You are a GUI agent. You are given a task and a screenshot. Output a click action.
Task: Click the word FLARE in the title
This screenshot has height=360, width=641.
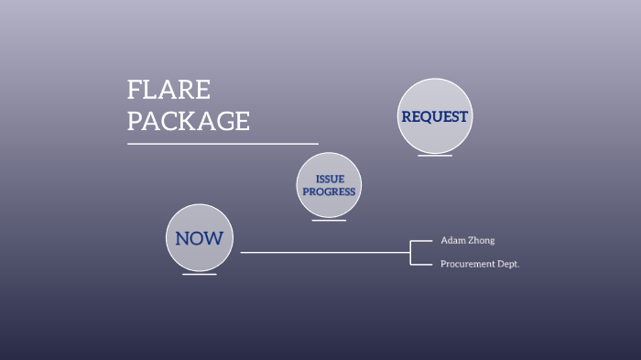(x=169, y=90)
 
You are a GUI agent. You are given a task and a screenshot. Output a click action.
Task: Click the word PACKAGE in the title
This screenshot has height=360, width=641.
(x=189, y=121)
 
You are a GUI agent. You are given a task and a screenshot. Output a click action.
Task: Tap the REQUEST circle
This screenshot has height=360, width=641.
(x=435, y=116)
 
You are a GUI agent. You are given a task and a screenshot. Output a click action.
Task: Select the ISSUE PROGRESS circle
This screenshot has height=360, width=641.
(x=329, y=185)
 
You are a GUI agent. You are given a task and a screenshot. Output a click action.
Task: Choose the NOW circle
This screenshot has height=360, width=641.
(x=200, y=238)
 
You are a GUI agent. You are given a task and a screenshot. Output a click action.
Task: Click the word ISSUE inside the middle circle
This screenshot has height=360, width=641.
(x=329, y=180)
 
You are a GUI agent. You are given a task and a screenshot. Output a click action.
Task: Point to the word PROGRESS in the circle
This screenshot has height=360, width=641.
(x=329, y=192)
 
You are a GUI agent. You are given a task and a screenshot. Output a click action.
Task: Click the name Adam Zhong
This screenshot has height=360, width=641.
(x=467, y=240)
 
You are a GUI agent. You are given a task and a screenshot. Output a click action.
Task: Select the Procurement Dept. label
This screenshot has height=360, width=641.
(x=480, y=264)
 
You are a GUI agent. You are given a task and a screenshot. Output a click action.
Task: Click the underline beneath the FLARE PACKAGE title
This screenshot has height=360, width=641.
(x=223, y=144)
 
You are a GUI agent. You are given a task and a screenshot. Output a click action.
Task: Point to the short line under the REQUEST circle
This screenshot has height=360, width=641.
(x=435, y=156)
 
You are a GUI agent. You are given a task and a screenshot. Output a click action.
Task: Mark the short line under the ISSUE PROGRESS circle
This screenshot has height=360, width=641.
(x=329, y=221)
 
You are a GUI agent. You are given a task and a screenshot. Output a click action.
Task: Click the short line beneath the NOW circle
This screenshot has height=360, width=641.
(x=200, y=275)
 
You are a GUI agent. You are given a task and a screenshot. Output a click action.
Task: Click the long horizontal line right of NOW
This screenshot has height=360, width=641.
(x=320, y=252)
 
